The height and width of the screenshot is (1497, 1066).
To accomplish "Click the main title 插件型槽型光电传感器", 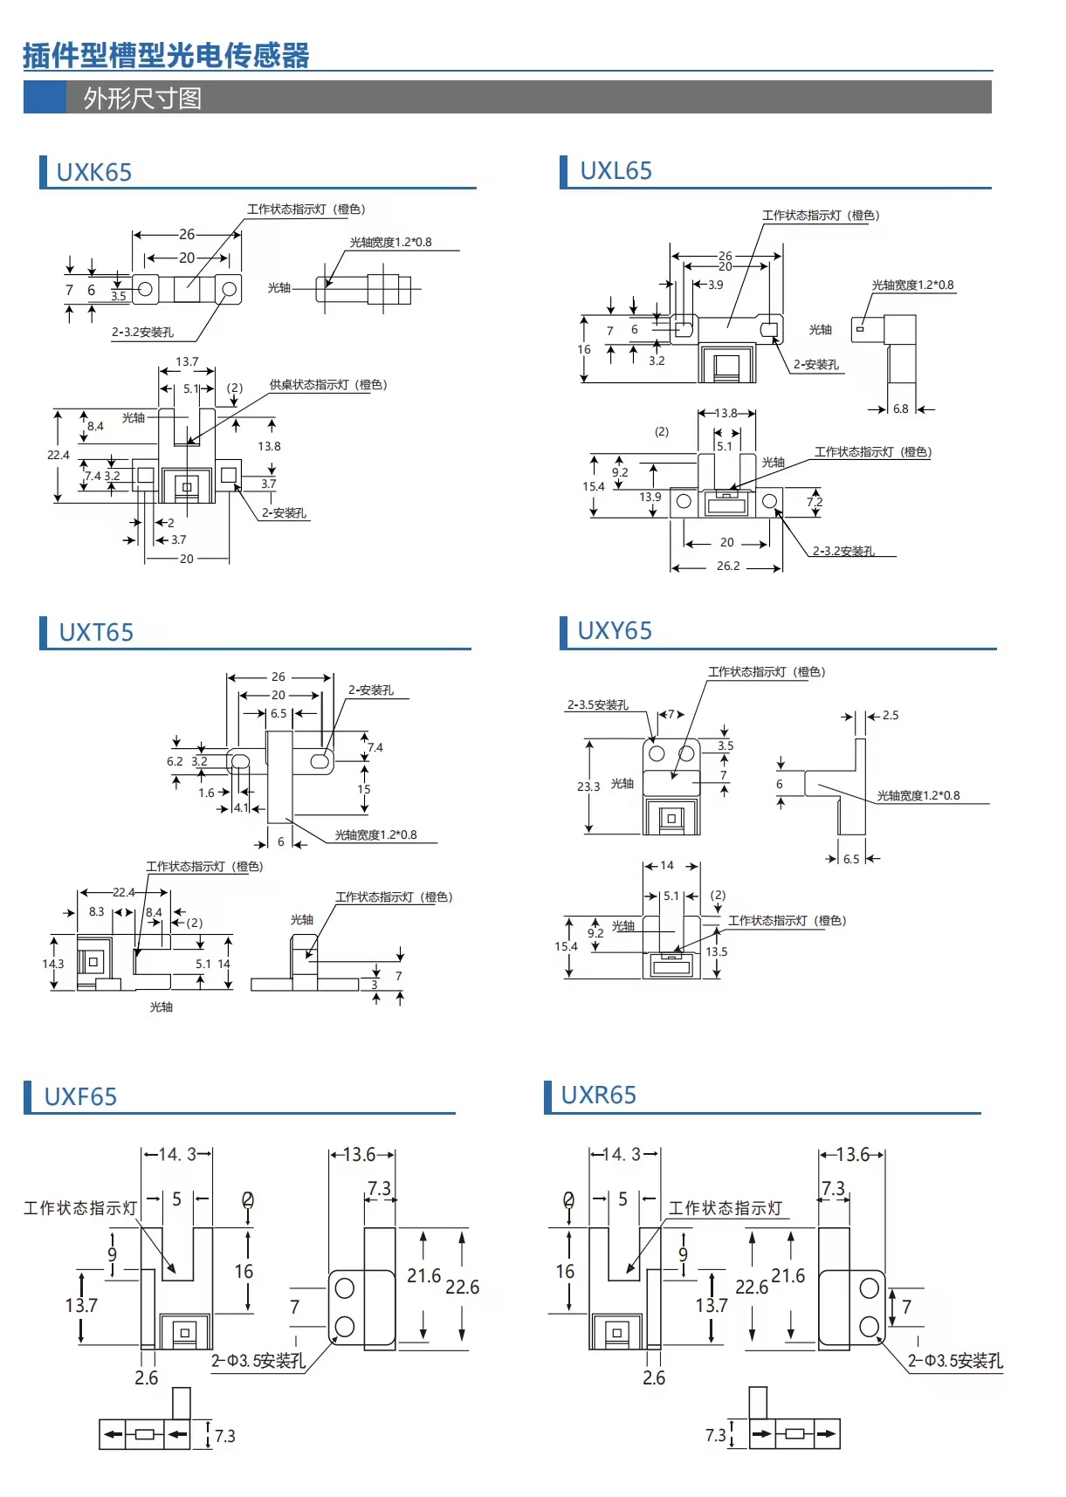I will (166, 56).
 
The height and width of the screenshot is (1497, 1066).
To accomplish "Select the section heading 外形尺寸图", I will (142, 98).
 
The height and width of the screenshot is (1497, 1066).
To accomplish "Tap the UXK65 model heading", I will (93, 172).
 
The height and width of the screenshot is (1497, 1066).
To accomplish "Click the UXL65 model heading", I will (616, 171).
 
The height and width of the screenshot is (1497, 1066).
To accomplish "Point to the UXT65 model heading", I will (96, 632).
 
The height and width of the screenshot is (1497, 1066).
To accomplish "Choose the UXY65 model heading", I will (615, 630).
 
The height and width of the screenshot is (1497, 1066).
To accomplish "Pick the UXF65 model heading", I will (80, 1096).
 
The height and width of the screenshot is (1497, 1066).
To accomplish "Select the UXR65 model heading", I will (598, 1095).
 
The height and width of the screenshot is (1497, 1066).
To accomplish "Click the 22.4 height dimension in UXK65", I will (58, 455).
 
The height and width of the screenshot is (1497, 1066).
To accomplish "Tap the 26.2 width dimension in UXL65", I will (728, 566).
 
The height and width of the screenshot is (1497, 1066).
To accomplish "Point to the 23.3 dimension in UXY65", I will (588, 786).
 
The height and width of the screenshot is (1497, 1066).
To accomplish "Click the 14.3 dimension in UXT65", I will (52, 964).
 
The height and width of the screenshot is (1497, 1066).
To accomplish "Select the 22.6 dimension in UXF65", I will (462, 1287).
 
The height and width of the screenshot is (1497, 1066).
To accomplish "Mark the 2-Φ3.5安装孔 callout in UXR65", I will (955, 1361).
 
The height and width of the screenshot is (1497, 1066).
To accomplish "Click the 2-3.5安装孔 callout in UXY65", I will (598, 705).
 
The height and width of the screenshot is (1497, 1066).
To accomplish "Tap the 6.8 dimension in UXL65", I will (900, 409).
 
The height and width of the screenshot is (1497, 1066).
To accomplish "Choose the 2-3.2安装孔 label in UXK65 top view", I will (142, 332).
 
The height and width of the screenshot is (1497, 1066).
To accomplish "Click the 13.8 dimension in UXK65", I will (269, 446).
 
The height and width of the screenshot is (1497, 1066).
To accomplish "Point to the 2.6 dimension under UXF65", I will (146, 1377).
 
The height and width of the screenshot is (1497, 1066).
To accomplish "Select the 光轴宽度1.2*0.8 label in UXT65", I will (375, 834).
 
